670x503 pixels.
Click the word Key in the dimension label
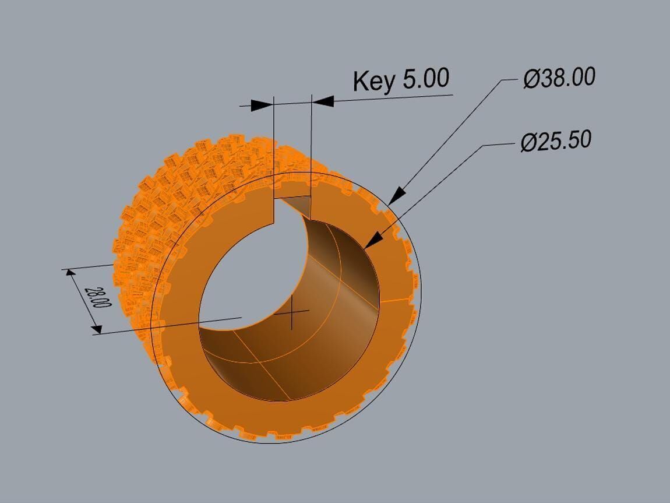[x=375, y=81]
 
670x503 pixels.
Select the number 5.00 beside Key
[x=425, y=79]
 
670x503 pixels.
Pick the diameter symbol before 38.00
[x=531, y=79]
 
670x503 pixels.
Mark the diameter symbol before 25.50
[x=528, y=143]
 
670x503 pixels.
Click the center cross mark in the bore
[x=292, y=312]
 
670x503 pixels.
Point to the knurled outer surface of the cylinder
[x=175, y=192]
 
